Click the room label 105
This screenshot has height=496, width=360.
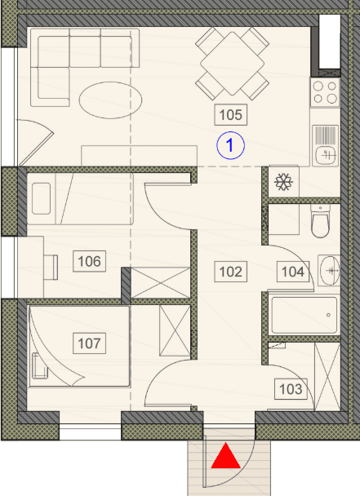click(x=230, y=114)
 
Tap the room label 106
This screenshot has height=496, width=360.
click(x=89, y=261)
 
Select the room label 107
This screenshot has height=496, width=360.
click(x=89, y=343)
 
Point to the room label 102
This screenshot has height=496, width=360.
click(x=230, y=272)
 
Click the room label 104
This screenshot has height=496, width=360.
click(x=293, y=272)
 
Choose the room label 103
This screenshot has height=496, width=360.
click(x=291, y=389)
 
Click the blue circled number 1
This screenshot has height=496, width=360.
click(x=230, y=145)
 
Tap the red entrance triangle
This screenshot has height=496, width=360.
click(x=226, y=455)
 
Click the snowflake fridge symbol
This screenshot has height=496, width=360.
click(x=284, y=182)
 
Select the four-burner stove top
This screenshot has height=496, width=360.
click(x=325, y=92)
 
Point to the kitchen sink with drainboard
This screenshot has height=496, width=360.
click(x=326, y=146)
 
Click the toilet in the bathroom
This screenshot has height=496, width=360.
click(x=320, y=221)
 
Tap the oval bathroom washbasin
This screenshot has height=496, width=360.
click(x=329, y=271)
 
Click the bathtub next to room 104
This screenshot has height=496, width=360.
click(x=304, y=314)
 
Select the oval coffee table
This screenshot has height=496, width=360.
click(x=110, y=100)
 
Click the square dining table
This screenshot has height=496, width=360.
click(x=232, y=64)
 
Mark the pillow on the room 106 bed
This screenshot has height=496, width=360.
click(x=42, y=199)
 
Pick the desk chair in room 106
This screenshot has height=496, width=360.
click(x=51, y=268)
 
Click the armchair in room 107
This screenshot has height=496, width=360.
click(x=40, y=366)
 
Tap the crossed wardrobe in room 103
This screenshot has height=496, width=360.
click(x=327, y=376)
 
